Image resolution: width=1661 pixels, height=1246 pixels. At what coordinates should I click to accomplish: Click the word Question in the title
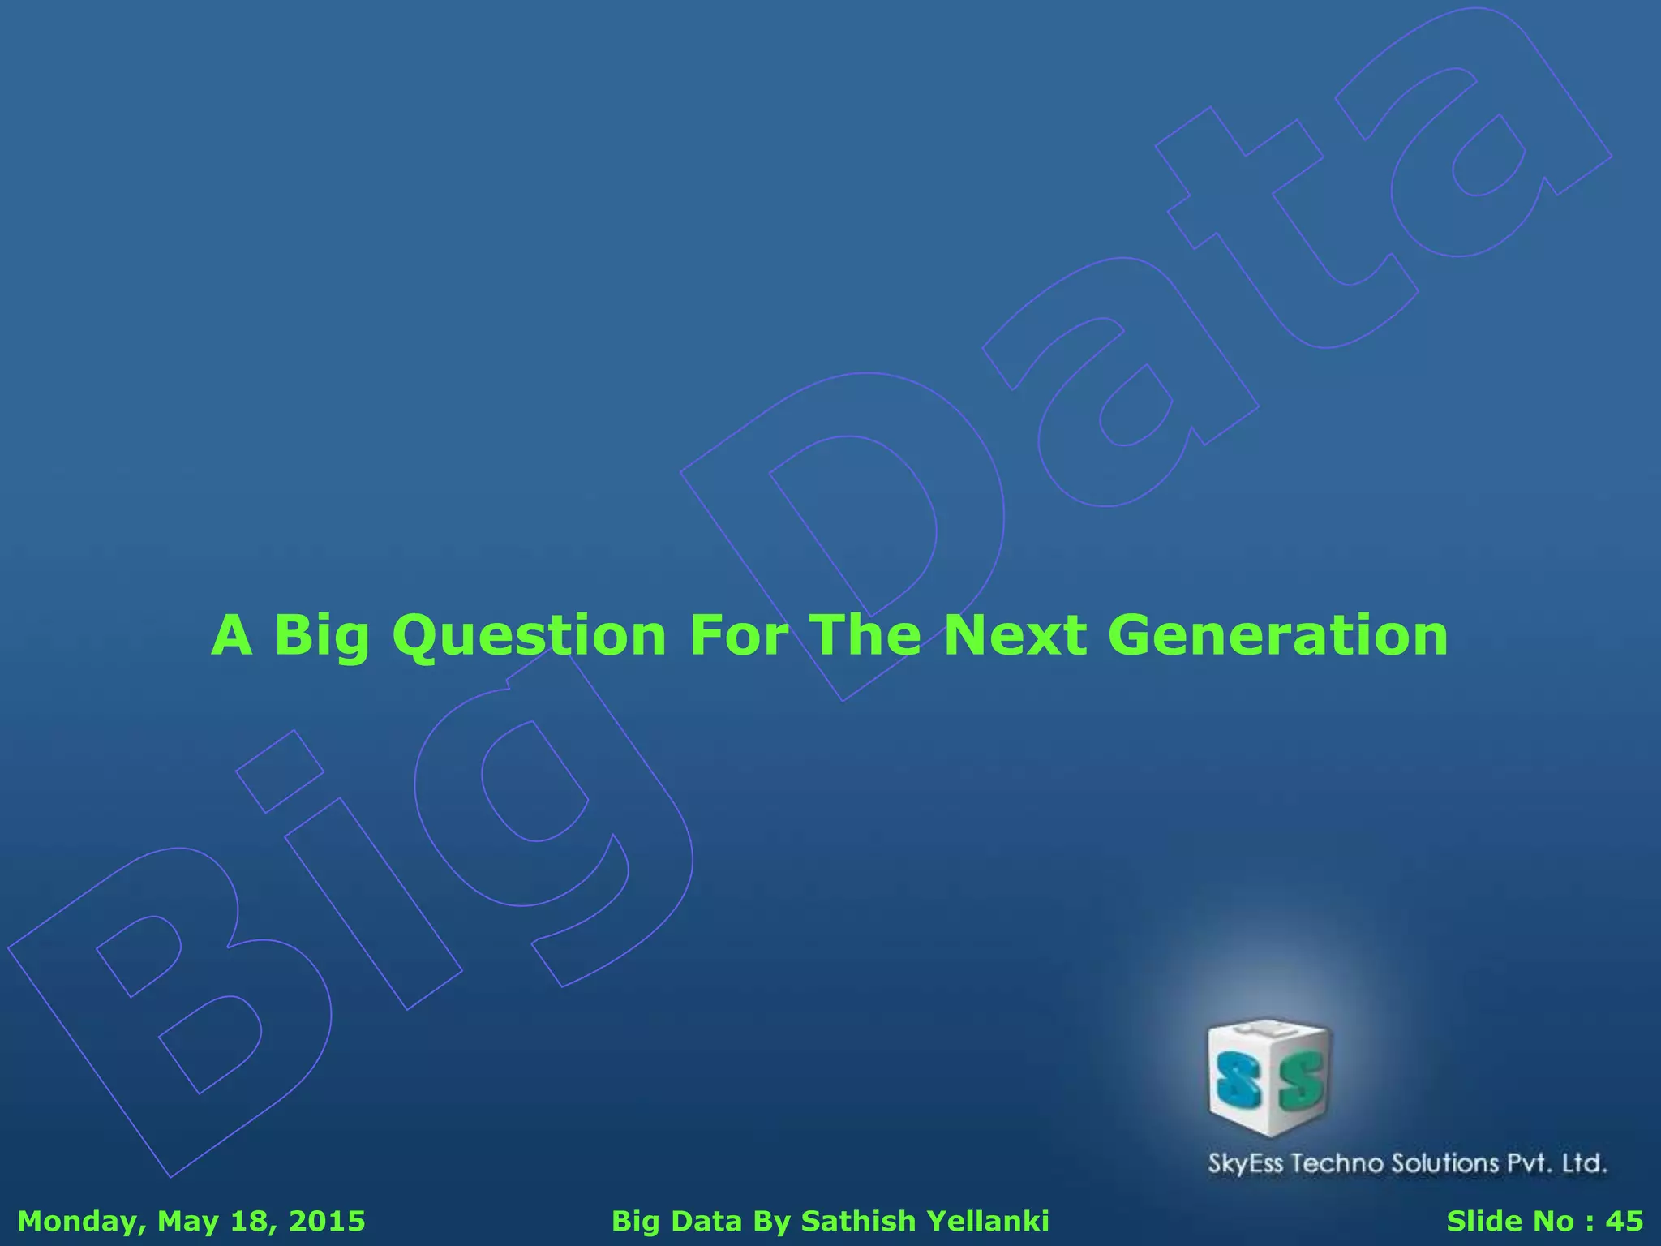[x=529, y=635]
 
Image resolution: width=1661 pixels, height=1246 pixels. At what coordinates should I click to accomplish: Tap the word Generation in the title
[x=1277, y=635]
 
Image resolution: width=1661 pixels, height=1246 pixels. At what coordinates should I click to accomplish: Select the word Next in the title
[x=1015, y=635]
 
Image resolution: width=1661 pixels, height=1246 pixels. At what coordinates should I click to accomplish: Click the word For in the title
[x=738, y=635]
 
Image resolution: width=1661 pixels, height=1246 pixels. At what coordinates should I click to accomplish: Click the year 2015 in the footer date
[x=328, y=1222]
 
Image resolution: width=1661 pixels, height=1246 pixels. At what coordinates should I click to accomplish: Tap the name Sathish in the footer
[x=858, y=1222]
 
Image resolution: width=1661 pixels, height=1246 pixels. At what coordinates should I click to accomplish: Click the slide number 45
[x=1624, y=1222]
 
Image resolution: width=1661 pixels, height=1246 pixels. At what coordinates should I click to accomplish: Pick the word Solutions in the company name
[x=1445, y=1164]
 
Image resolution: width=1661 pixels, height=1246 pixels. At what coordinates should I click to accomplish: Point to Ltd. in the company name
[x=1584, y=1164]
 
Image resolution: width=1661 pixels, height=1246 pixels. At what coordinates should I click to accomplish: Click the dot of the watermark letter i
[x=280, y=771]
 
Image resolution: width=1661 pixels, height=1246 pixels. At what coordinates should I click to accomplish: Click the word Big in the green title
[x=322, y=635]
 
